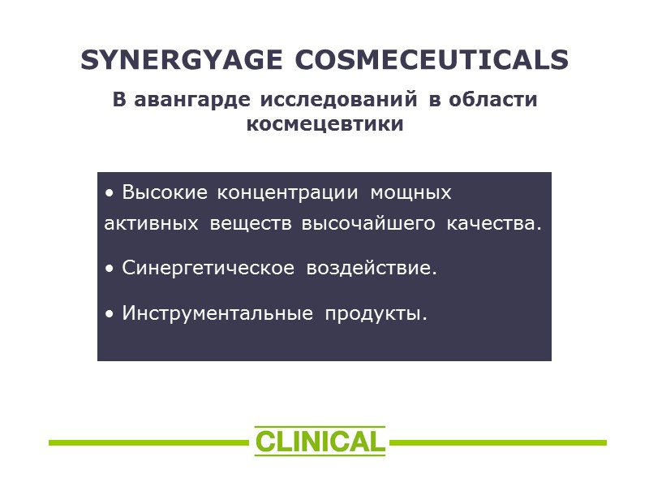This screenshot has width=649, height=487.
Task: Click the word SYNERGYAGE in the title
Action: point(181,61)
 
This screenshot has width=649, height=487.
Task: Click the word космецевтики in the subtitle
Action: point(324,125)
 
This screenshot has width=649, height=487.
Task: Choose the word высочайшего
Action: point(369,224)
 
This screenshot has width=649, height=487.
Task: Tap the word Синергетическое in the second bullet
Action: point(208,268)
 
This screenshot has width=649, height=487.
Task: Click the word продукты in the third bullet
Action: point(376,313)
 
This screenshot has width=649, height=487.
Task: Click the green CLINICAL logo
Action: point(320,442)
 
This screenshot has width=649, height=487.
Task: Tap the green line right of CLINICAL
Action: point(498,442)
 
